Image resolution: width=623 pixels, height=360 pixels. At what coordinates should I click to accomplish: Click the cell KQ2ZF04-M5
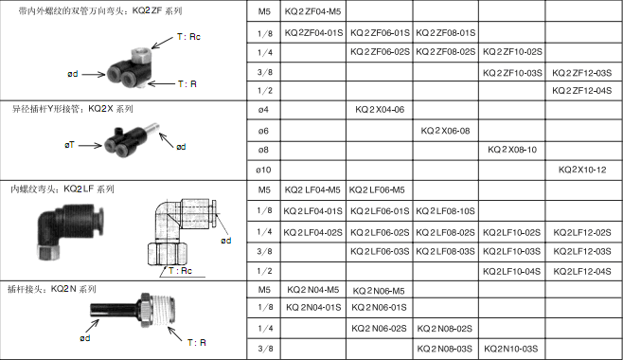pos(312,11)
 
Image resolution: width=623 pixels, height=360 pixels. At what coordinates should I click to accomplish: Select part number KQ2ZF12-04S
pos(581,91)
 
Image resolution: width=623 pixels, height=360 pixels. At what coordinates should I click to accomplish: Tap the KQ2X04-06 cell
pos(380,110)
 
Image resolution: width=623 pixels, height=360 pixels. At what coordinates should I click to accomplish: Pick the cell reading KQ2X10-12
pos(582,170)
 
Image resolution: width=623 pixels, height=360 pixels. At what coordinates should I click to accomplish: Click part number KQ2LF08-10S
pos(445,211)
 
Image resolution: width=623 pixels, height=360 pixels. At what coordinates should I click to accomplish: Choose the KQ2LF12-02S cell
pos(582,232)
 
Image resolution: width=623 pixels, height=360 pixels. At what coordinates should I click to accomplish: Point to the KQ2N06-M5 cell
pos(379,291)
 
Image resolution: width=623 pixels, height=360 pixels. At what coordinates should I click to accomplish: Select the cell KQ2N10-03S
pos(511,349)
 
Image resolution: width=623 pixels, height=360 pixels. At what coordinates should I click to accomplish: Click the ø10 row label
pos(263,171)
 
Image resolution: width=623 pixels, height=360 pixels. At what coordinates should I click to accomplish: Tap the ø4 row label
pos(263,110)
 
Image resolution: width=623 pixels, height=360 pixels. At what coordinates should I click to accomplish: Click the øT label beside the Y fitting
pos(69,145)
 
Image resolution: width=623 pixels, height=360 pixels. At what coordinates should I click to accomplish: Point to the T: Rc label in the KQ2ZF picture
pos(188,37)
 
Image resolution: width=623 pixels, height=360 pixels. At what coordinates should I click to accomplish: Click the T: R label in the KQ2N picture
pos(197,343)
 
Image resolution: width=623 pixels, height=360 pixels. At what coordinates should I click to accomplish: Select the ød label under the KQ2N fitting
pos(85,338)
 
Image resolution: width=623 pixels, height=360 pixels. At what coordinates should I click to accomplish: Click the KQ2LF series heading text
pos(62,189)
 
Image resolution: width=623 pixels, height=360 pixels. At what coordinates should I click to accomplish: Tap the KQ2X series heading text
pos(72,109)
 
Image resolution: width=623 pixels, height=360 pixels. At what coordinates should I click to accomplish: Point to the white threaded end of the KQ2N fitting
pos(163,311)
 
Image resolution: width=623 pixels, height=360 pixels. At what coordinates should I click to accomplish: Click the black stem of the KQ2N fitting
pos(116,310)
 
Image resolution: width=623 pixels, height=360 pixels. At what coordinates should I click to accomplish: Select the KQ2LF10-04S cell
pos(511,271)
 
